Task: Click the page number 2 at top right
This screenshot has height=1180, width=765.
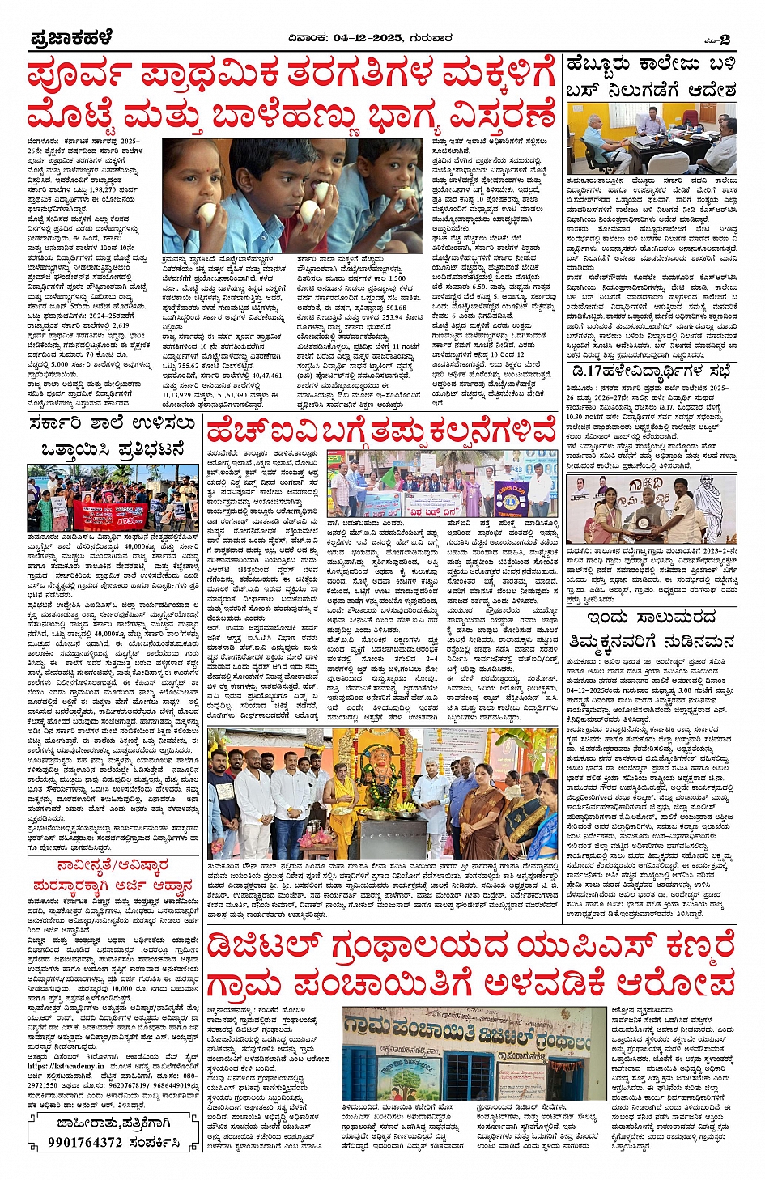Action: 725,39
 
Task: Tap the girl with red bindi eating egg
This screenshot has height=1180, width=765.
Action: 202,202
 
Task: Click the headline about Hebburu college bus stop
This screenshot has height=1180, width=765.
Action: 651,76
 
